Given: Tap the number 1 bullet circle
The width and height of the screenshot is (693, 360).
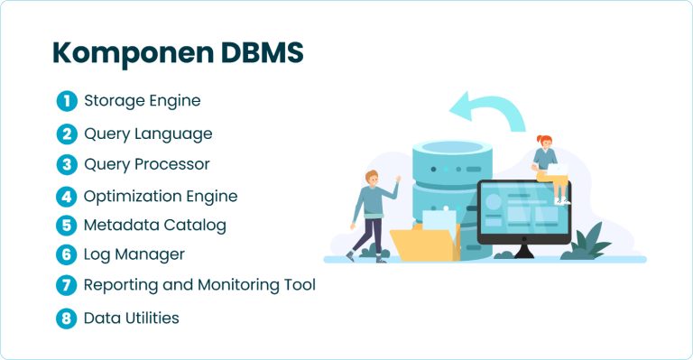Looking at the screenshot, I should coord(66,101).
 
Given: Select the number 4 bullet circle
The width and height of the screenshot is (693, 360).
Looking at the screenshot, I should coord(66,196).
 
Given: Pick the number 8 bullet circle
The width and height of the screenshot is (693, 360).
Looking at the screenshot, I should coord(66,318).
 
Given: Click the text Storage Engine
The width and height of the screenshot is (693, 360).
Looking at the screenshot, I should coord(142,100).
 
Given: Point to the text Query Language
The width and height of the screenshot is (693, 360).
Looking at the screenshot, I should coord(148,134).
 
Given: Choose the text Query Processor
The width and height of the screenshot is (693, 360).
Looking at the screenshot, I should coord(146,164).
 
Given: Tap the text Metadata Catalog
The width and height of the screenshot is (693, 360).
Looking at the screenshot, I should coord(154,225).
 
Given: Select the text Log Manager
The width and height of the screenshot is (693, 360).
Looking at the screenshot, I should coord(134,254).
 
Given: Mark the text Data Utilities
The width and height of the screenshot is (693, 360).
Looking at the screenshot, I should coord(131,318).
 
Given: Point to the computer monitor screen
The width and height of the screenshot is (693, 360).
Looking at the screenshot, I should coord(523,210).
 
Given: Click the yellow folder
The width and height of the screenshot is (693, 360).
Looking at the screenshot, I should coord(424,241).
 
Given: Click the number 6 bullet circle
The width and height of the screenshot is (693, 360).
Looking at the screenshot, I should coord(66,255).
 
